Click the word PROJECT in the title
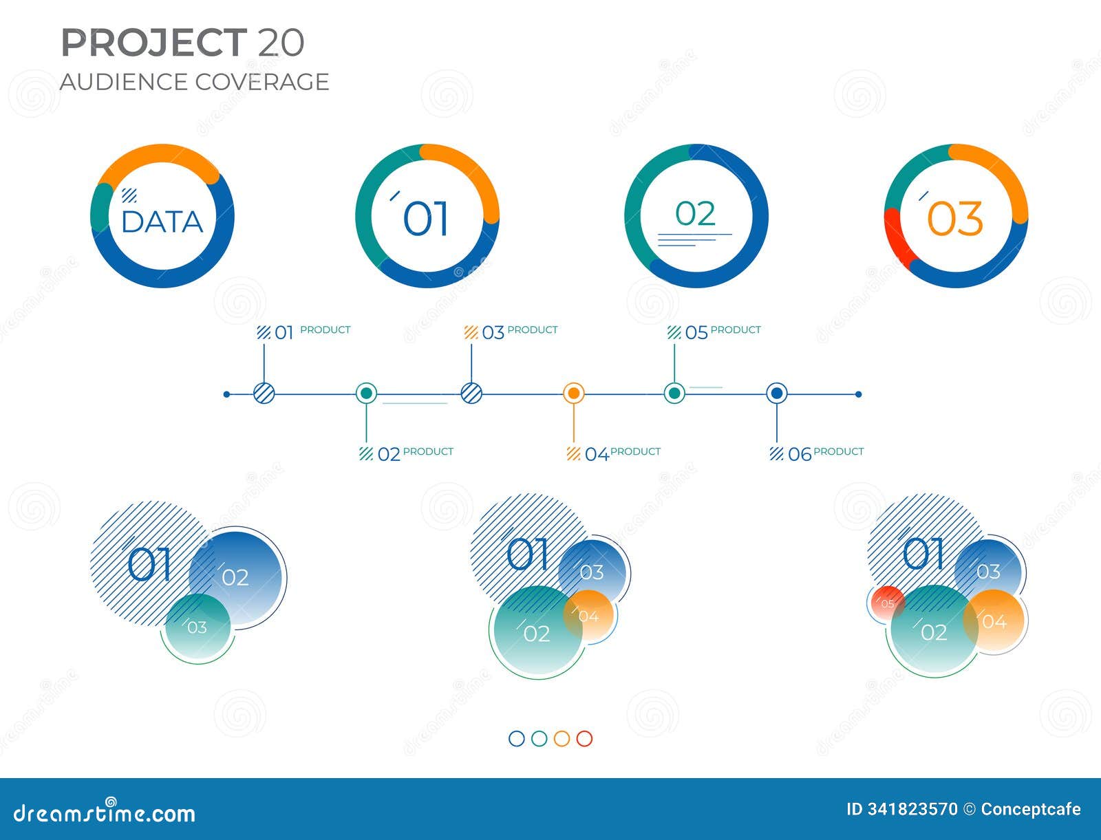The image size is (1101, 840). click(x=154, y=43)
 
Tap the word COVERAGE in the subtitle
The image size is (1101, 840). click(x=262, y=82)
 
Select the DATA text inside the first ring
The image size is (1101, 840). click(x=162, y=222)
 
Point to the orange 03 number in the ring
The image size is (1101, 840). click(x=955, y=219)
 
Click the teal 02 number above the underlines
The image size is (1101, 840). click(x=695, y=214)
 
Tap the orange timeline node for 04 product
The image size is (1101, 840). click(x=574, y=394)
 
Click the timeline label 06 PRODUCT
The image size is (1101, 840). click(x=817, y=453)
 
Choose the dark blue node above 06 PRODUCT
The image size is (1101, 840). click(x=777, y=394)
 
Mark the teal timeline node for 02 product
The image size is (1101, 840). click(x=366, y=394)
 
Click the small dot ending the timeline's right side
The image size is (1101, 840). click(x=858, y=394)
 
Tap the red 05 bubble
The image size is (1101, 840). click(x=886, y=603)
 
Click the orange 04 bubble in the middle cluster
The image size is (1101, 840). click(x=589, y=615)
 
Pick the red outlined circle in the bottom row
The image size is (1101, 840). click(x=584, y=738)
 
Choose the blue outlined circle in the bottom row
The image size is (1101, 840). click(x=517, y=738)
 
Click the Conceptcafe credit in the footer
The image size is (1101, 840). click(x=1031, y=809)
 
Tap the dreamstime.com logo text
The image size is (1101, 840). click(x=105, y=812)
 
